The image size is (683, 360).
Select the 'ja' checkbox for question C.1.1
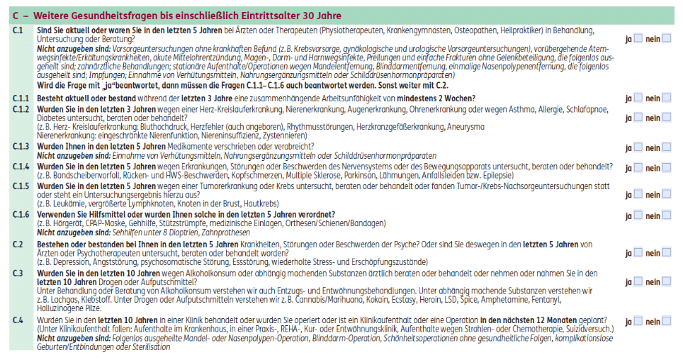click(638, 98)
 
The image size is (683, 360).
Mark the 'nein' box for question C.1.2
click(667, 118)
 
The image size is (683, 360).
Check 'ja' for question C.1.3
click(638, 147)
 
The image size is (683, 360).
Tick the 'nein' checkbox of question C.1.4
click(667, 167)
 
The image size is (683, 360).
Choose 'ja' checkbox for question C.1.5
click(638, 191)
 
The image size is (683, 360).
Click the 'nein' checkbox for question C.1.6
click(667, 215)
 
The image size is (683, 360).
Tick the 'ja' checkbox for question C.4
click(638, 321)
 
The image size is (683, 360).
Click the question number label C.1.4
click(21, 166)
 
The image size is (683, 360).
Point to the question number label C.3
click(18, 273)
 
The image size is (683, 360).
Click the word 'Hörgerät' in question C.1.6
click(63, 224)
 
